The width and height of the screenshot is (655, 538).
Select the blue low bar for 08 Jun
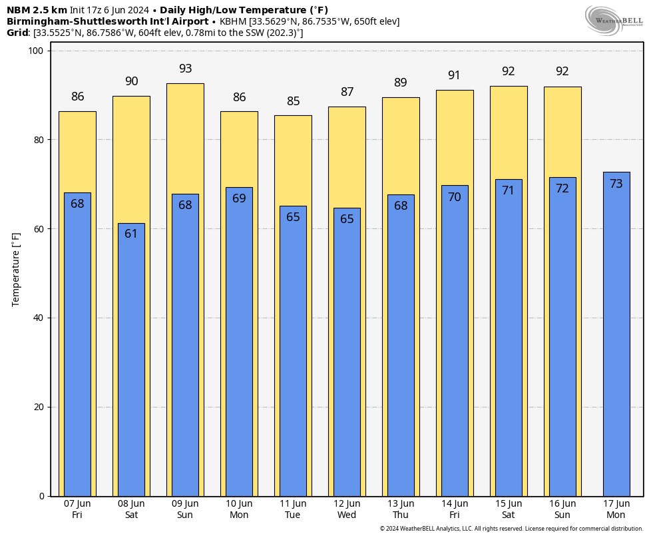[x=131, y=360]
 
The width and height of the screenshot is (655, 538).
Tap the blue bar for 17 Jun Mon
[x=616, y=334]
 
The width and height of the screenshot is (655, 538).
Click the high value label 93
[x=186, y=69]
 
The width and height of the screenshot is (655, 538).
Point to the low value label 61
[x=131, y=234]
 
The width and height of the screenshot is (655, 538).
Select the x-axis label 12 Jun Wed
[x=347, y=509]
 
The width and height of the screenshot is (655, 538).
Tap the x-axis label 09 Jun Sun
[x=185, y=509]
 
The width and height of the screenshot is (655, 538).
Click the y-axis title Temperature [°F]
[x=16, y=270]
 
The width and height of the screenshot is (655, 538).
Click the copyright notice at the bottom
[x=511, y=529]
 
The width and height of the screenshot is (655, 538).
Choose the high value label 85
[x=294, y=101]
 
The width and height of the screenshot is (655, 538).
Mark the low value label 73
[x=616, y=184]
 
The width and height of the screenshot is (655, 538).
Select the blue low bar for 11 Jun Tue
[x=294, y=351]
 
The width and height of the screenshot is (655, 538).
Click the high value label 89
[x=401, y=83]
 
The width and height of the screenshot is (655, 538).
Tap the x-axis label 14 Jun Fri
[x=455, y=509]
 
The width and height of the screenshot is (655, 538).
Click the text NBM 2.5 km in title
[x=37, y=10]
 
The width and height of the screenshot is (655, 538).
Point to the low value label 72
[x=562, y=188]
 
